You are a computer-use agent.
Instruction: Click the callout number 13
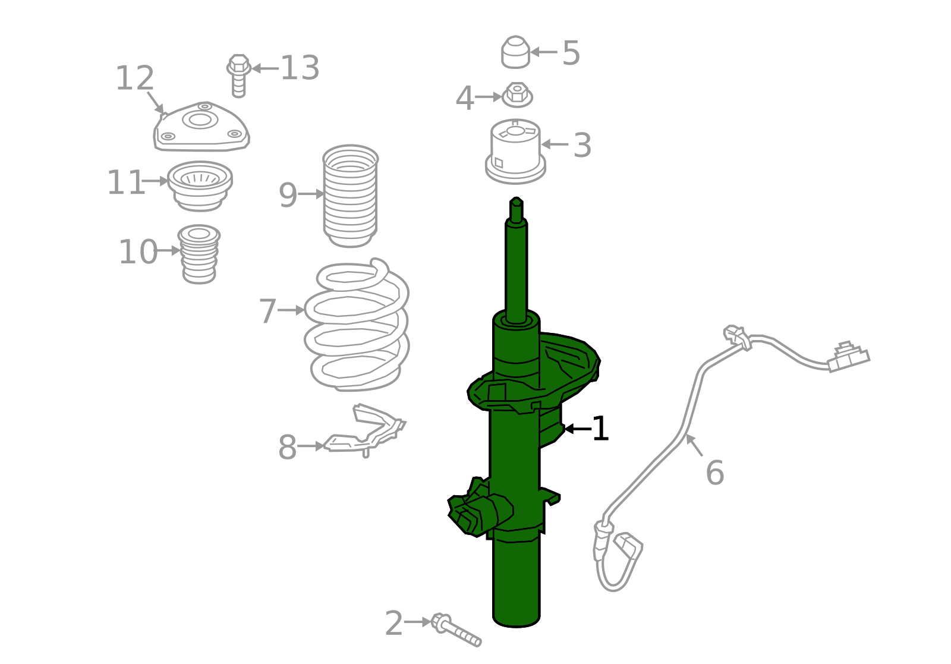pos(300,68)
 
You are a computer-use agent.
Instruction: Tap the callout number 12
pos(134,78)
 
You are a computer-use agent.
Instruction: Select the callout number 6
pos(714,473)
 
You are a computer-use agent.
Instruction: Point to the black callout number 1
pos(600,429)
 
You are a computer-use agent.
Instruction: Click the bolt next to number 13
pos(238,75)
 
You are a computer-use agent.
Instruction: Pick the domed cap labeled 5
pos(515,52)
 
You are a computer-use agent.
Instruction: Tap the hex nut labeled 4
pos(517,95)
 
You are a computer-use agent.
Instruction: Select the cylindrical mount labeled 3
pos(515,151)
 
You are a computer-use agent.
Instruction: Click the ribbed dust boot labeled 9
pos(350,196)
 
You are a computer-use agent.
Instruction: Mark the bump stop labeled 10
pos(199,254)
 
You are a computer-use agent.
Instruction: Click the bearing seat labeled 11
pos(200,186)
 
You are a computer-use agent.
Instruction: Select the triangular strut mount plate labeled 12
pos(201,127)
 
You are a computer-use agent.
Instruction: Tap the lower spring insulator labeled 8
pos(364,430)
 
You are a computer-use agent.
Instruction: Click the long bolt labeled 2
pos(456,630)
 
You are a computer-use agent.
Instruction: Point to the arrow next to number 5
pos(544,52)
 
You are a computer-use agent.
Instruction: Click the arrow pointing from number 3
pos(555,144)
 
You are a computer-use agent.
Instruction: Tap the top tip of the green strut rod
pos(517,198)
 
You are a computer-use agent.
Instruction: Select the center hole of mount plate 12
pos(200,119)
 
